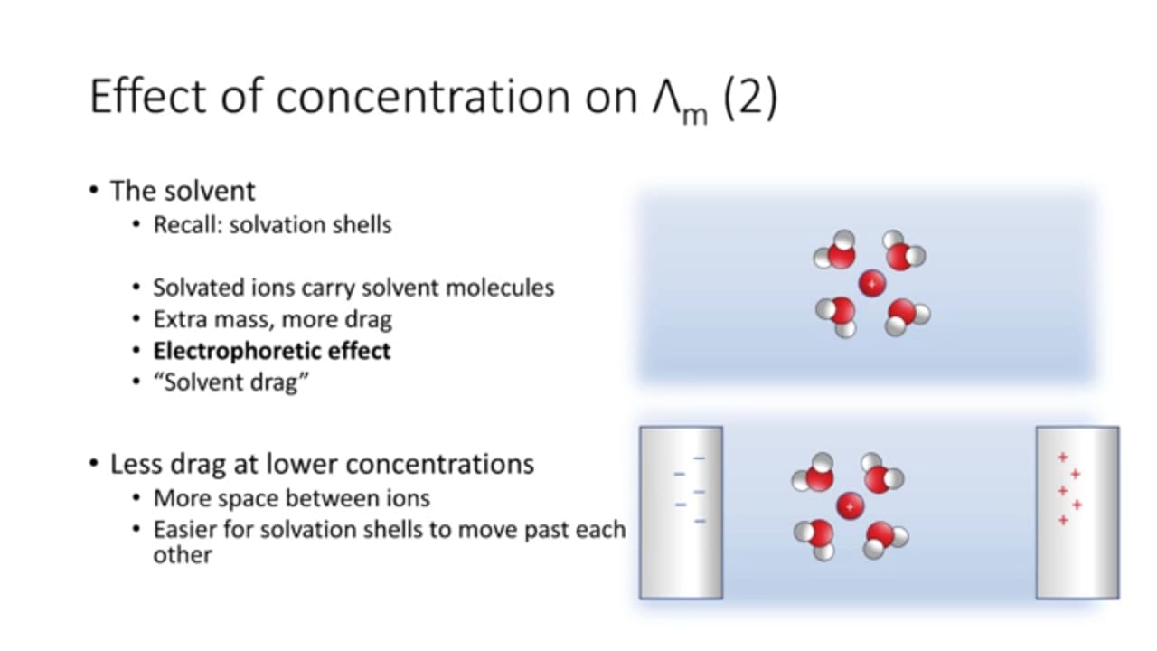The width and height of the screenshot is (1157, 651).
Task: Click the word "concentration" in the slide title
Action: coord(423,97)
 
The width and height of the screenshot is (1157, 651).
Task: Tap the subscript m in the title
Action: coord(694,115)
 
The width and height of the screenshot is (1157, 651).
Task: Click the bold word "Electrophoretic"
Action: coord(237,352)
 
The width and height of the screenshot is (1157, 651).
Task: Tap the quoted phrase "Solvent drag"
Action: coord(231,382)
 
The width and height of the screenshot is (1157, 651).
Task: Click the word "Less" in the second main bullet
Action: coord(135,464)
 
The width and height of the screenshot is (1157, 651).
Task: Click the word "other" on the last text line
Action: coord(183,555)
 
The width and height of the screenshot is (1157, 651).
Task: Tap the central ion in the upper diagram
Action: coord(872,284)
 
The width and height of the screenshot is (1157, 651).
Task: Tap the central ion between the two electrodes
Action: coord(851,506)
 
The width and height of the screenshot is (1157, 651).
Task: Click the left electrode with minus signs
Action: coord(681,513)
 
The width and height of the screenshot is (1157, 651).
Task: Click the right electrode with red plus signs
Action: coord(1077,513)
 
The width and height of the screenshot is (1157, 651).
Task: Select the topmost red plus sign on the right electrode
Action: coord(1062,458)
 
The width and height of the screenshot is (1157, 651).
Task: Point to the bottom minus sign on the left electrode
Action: coord(700,522)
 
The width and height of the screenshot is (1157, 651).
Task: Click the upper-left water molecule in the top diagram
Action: coord(836,250)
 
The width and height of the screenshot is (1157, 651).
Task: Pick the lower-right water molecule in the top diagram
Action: coord(907,316)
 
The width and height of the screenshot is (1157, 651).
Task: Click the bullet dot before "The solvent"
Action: coord(93,190)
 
